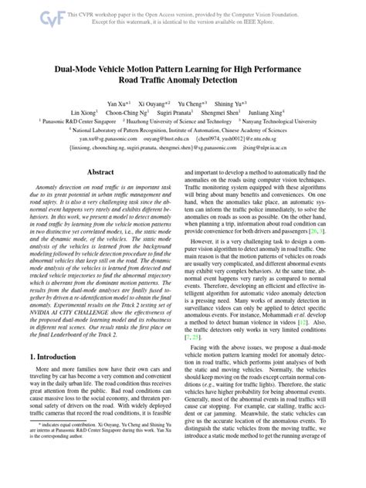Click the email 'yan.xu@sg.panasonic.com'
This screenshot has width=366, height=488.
tap(98, 141)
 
